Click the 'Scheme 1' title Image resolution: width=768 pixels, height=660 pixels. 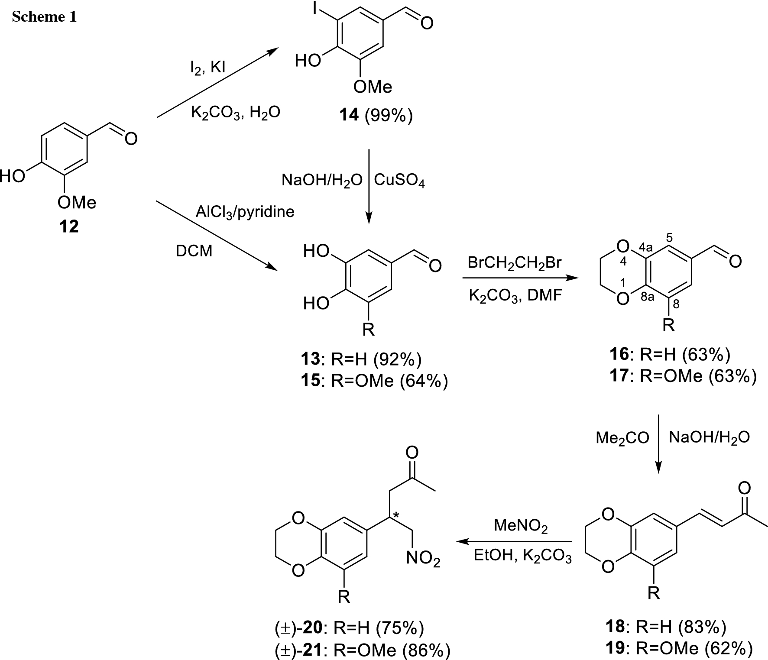pyautogui.click(x=44, y=17)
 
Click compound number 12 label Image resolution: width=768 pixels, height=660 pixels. pyautogui.click(x=69, y=226)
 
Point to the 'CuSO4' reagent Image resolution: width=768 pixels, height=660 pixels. pyautogui.click(x=399, y=180)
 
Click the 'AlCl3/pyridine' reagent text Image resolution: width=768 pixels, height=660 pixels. pyautogui.click(x=245, y=212)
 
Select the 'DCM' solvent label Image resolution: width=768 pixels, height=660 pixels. pyautogui.click(x=194, y=251)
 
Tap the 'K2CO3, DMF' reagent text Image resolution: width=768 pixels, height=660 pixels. pyautogui.click(x=515, y=296)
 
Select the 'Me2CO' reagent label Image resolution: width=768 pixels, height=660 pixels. pyautogui.click(x=622, y=438)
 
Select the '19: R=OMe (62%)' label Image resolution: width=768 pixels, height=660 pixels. pyautogui.click(x=678, y=648)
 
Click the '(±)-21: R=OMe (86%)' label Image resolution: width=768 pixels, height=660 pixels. pyautogui.click(x=362, y=650)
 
